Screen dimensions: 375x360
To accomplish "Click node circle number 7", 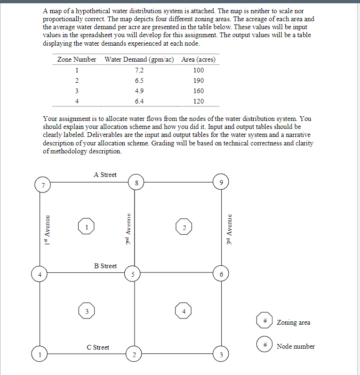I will pos(43,184).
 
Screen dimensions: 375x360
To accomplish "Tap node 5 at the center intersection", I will pos(134,274).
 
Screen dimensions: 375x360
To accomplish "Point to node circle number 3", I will pos(221,354).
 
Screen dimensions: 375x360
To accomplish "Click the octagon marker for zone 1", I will pos(86,227).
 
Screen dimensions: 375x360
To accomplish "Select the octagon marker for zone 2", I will pos(184,227).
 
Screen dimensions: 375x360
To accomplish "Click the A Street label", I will pos(105,175).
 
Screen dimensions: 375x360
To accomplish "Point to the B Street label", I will pos(105,266).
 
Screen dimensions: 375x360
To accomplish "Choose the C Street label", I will pos(98,347).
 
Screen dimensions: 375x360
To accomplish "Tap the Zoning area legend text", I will pos(293,322).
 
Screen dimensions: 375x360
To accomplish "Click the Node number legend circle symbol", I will pos(265,345).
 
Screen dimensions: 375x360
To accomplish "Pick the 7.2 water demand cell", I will pos(139,70).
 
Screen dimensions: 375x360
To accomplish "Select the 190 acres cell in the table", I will pos(198,80).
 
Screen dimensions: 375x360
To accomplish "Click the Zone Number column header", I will pos(77,59).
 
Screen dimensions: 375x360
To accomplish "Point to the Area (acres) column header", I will pos(198,59).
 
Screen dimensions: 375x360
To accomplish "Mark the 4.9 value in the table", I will pos(139,91).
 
